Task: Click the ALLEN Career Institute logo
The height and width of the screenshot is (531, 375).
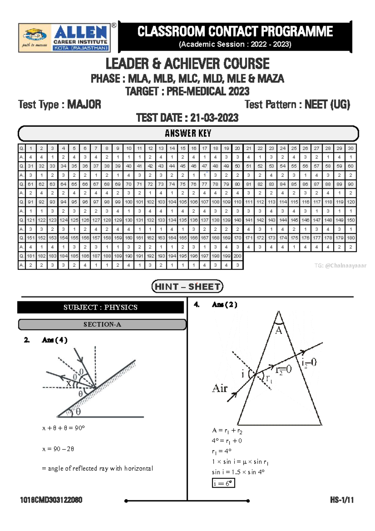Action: [x=65, y=38]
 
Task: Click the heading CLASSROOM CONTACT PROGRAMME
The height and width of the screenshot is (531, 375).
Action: [x=235, y=32]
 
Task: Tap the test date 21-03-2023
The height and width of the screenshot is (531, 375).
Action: [x=214, y=118]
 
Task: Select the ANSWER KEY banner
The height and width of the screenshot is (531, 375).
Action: [x=188, y=134]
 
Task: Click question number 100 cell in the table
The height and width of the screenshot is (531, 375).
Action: [x=128, y=202]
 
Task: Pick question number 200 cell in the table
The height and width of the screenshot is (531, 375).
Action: [x=237, y=256]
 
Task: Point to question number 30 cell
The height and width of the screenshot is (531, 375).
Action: [x=351, y=148]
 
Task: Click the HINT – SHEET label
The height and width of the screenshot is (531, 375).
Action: [x=187, y=286]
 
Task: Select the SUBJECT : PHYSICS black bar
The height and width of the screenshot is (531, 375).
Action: [x=100, y=307]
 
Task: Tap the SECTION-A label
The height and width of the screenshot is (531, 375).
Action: [x=102, y=325]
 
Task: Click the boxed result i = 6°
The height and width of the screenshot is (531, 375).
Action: [x=223, y=483]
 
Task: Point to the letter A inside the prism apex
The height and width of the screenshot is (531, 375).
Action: [x=278, y=331]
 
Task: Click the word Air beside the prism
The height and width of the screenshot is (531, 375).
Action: [x=220, y=388]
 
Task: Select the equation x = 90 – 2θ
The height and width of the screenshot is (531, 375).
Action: [x=58, y=449]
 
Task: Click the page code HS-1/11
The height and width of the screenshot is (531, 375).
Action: [x=342, y=500]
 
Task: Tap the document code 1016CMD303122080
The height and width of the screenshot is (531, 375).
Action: [x=51, y=500]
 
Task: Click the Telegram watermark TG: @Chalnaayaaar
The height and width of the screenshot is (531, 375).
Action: [x=340, y=266]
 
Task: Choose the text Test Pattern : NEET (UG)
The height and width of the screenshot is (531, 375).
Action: [x=297, y=104]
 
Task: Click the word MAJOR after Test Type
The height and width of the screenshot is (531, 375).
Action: [x=84, y=104]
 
